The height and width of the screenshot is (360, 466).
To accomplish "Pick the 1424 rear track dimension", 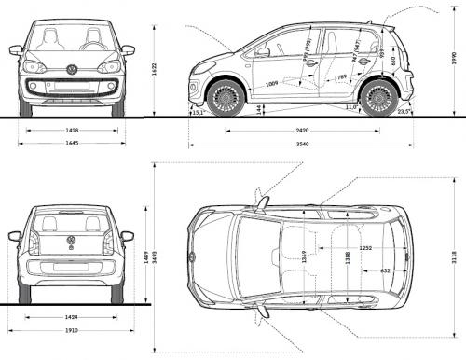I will [72, 318].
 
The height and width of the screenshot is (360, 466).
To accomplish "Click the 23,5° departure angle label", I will [403, 111].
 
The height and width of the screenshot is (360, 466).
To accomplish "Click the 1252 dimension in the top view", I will [368, 248].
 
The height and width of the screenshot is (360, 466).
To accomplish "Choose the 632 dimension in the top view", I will [386, 270].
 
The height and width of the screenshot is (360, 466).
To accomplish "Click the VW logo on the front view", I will [72, 69].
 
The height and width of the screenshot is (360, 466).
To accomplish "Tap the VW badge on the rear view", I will [72, 241].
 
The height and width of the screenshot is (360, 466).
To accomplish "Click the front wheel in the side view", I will [226, 97].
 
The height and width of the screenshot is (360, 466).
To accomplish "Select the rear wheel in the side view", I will [378, 97].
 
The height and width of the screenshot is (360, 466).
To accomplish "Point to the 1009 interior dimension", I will [271, 84].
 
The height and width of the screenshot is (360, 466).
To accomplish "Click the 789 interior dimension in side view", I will [342, 76].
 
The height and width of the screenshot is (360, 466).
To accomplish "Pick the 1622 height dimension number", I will [155, 66].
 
